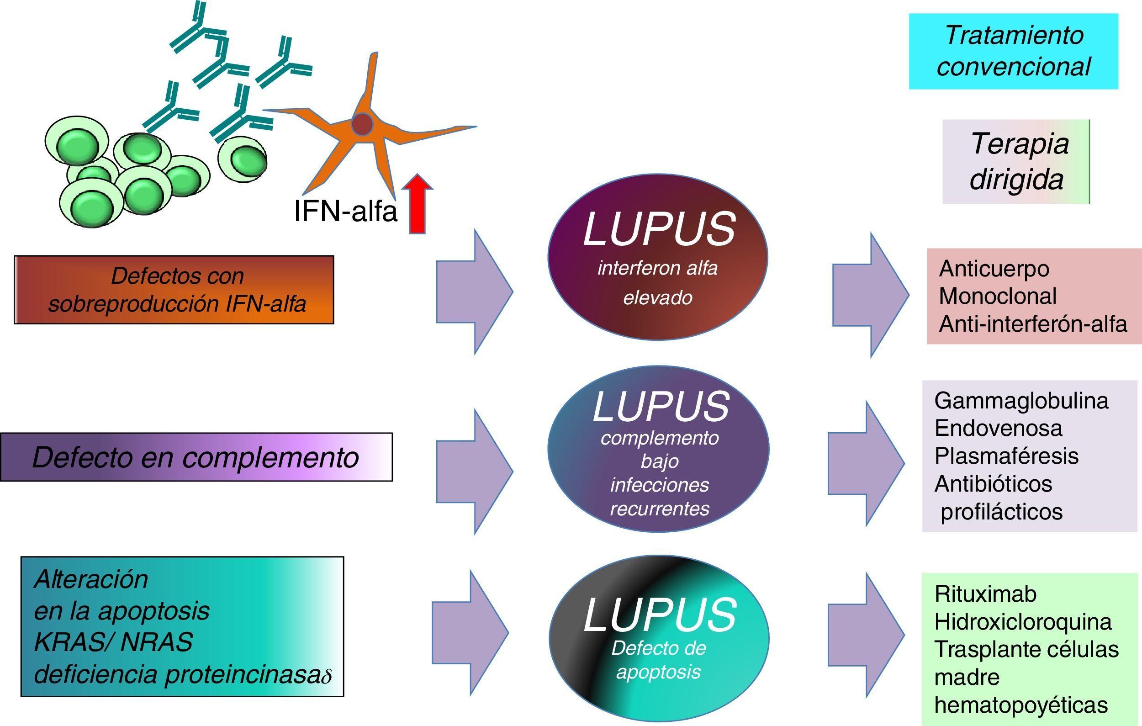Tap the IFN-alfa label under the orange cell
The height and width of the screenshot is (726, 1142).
coord(345,211)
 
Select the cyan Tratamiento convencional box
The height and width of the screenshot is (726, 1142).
coord(1013,51)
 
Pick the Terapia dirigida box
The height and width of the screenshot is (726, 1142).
coord(1016,162)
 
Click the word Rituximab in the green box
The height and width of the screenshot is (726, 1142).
coord(985,594)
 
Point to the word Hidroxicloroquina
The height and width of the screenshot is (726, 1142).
coord(1022,622)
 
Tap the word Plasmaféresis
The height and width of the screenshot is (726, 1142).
coord(1006,456)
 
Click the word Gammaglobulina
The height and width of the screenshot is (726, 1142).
coord(1021,401)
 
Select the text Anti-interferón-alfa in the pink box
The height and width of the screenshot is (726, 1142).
coord(1032,324)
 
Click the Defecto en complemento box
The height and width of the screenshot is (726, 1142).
coord(196,457)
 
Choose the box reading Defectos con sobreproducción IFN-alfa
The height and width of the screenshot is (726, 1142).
coord(174,290)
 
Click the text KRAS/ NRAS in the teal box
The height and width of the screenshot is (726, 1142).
coord(113,642)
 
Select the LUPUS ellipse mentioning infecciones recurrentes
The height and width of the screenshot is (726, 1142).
coord(658,449)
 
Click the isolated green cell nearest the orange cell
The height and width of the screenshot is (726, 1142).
coord(243,159)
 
